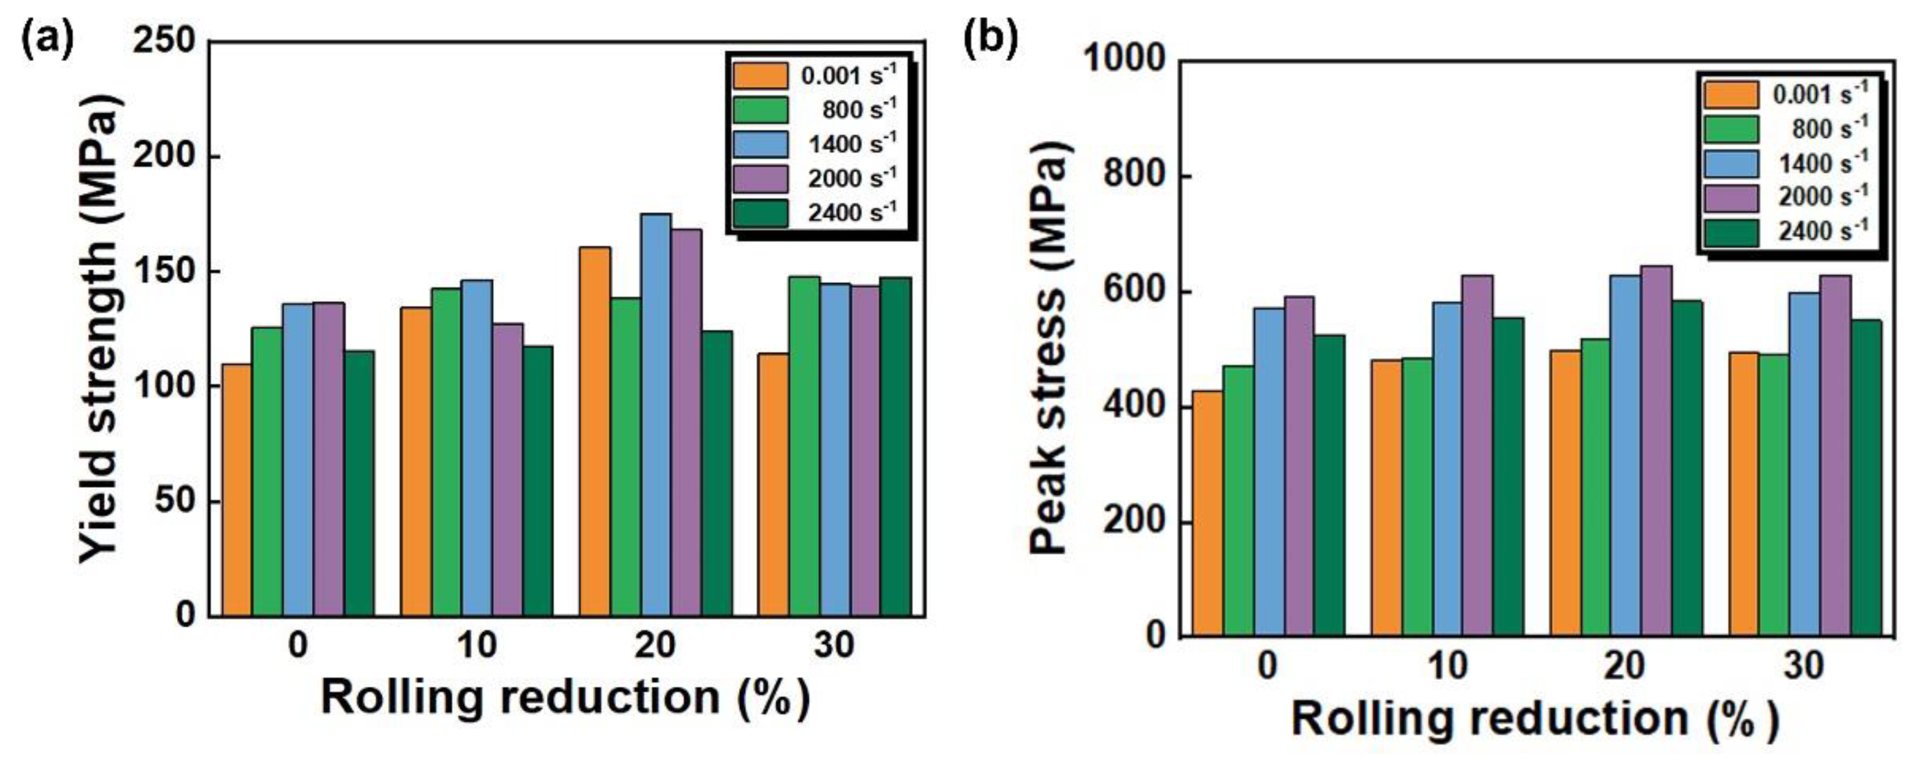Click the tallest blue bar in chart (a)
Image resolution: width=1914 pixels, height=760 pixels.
[x=656, y=416]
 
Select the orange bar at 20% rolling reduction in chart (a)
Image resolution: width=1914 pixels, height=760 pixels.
[x=595, y=431]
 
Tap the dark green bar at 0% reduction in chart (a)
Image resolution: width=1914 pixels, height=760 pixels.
[x=360, y=483]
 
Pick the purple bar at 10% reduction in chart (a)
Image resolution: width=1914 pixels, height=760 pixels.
[x=507, y=468]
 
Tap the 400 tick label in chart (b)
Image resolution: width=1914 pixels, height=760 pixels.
[x=1134, y=407]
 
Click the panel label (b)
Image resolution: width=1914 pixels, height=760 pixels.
[x=989, y=38]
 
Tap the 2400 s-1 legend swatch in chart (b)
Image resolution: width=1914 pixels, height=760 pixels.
[x=1731, y=232]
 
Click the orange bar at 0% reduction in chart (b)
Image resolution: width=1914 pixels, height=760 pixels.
[x=1207, y=513]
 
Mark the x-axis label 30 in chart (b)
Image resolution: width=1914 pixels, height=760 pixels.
[x=1805, y=666]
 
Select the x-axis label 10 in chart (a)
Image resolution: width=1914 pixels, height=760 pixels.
[x=476, y=645]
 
